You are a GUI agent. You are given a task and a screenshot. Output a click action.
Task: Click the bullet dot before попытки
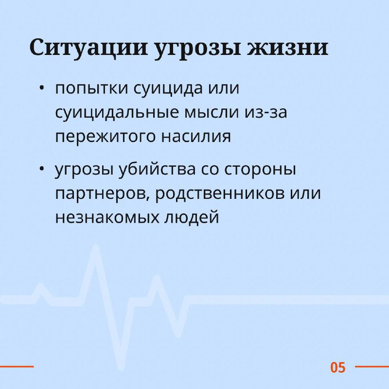pyautogui.click(x=41, y=88)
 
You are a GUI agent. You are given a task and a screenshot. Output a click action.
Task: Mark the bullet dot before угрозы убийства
pyautogui.click(x=41, y=169)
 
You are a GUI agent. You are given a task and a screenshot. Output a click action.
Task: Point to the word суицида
pyautogui.click(x=168, y=89)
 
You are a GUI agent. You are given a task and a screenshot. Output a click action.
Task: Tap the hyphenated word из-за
pyautogui.click(x=266, y=113)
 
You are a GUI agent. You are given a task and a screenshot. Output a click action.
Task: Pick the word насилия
pyautogui.click(x=196, y=137)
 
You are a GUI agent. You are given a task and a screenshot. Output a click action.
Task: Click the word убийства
pyautogui.click(x=157, y=169)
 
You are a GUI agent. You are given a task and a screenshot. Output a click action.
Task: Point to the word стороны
pyautogui.click(x=260, y=169)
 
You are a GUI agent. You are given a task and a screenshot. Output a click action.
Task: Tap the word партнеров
pyautogui.click(x=101, y=194)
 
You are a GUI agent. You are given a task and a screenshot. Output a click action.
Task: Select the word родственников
pyautogui.click(x=220, y=194)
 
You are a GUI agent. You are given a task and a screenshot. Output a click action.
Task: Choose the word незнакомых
pyautogui.click(x=107, y=217)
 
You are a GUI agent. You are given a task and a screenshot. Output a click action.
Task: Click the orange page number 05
pyautogui.click(x=337, y=368)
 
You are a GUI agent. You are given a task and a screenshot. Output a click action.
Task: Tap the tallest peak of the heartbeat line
pyautogui.click(x=96, y=247)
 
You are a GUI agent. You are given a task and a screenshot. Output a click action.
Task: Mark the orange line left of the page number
pyautogui.click(x=17, y=367)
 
